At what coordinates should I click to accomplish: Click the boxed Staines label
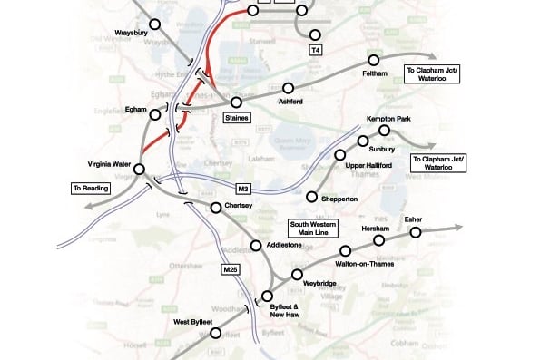pos(236,117)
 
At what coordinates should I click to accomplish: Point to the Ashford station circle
pos(288,88)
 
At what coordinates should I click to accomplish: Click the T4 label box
pos(316,48)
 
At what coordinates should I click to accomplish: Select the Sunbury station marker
pos(362,141)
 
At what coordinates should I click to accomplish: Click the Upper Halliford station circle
pos(341,155)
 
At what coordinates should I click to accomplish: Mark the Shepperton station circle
pos(312,197)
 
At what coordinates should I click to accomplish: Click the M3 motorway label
pos(242,189)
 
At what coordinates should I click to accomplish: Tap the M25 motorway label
pos(230,269)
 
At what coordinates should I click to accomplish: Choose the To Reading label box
pos(92,189)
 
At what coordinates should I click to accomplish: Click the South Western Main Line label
pos(311,227)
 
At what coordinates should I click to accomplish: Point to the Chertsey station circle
pos(215,208)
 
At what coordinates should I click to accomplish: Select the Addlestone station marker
pos(255,245)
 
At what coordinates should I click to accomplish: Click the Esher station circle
pos(416,232)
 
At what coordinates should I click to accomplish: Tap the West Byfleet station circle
pos(215,333)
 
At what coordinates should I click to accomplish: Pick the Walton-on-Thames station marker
pos(345,250)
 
